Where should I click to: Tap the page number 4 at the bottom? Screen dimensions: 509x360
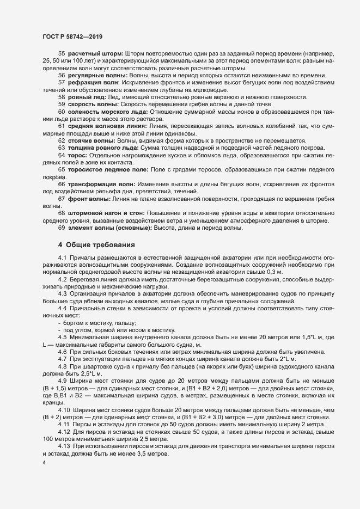coord(44,462)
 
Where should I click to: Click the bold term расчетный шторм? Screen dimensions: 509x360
coord(95,54)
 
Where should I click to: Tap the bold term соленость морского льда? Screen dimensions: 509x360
coord(107,111)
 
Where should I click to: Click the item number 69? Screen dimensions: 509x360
coord(62,228)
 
